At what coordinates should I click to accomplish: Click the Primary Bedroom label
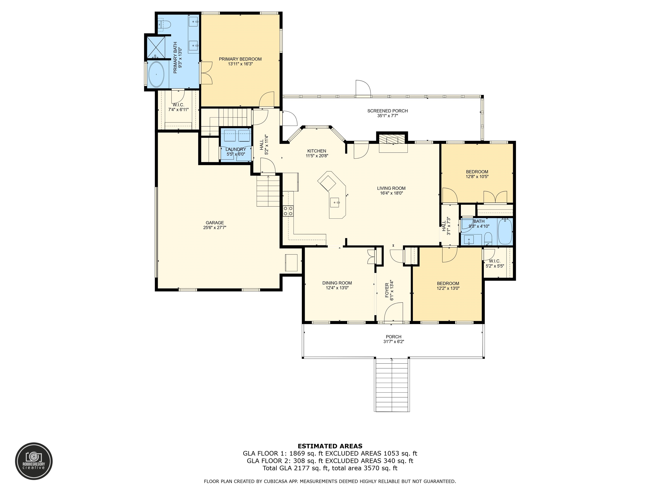pyautogui.click(x=240, y=59)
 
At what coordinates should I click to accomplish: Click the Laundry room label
pyautogui.click(x=235, y=149)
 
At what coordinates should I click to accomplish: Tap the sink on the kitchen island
pyautogui.click(x=335, y=203)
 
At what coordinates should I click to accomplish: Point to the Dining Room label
pyautogui.click(x=337, y=283)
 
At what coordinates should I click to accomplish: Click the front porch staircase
pyautogui.click(x=392, y=385)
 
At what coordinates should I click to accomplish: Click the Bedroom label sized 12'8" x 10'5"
pyautogui.click(x=477, y=172)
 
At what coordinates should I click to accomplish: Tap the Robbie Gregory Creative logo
pyautogui.click(x=34, y=461)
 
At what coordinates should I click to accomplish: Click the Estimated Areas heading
pyautogui.click(x=330, y=446)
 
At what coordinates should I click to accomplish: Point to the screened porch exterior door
pyautogui.click(x=363, y=89)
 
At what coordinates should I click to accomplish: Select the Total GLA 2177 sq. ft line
pyautogui.click(x=330, y=468)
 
